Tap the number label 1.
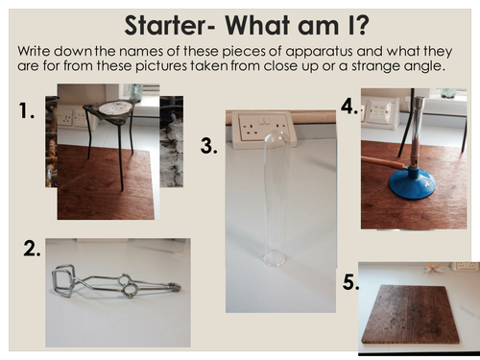pos(29,112)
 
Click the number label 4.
pos(348,108)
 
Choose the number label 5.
pos(347,282)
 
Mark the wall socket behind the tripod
pos(66,116)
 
